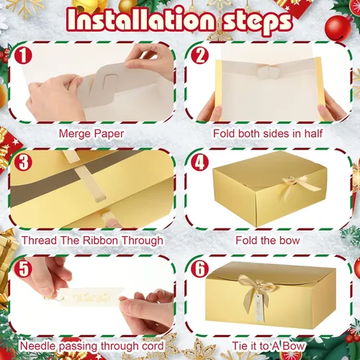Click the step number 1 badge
(x=23, y=55)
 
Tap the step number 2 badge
(x=200, y=55)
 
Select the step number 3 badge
(x=23, y=162)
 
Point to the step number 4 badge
(x=200, y=162)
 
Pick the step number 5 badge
(x=23, y=269)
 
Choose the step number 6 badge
(x=200, y=269)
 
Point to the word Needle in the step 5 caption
(x=38, y=346)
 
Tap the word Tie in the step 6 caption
(x=240, y=346)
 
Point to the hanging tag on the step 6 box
(x=259, y=307)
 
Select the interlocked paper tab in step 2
(x=267, y=72)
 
